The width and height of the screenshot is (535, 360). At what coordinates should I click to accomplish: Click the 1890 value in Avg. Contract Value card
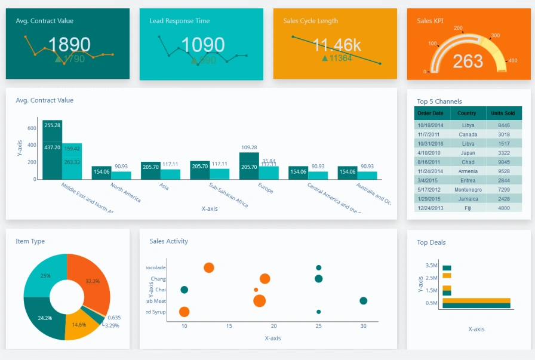tap(69, 45)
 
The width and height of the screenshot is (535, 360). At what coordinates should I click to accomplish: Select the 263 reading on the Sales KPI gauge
tap(468, 61)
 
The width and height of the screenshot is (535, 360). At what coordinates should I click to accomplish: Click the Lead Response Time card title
tap(179, 21)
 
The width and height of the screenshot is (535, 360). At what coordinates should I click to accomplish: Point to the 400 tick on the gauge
tap(512, 60)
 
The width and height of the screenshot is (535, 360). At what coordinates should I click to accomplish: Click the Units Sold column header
tap(502, 113)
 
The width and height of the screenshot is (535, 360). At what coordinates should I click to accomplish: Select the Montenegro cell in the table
tap(468, 189)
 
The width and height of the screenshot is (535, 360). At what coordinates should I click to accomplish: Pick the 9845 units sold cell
tap(504, 162)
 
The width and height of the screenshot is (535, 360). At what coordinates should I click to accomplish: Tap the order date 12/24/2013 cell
tap(430, 208)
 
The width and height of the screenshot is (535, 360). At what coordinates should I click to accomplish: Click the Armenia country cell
tap(468, 171)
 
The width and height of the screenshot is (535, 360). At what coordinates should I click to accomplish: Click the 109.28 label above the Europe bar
tap(249, 147)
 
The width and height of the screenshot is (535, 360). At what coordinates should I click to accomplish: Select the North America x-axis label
tap(126, 192)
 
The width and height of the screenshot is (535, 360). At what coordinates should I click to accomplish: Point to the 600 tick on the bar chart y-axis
tap(32, 128)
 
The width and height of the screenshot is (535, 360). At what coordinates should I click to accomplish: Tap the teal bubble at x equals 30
tap(363, 301)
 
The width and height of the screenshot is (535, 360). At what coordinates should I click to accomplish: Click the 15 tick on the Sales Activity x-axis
tap(229, 327)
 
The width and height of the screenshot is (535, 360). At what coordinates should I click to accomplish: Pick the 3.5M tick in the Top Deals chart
tap(431, 265)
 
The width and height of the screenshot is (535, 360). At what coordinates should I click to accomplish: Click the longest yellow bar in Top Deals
tap(476, 300)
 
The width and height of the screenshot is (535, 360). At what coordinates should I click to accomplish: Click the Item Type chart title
tap(30, 241)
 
